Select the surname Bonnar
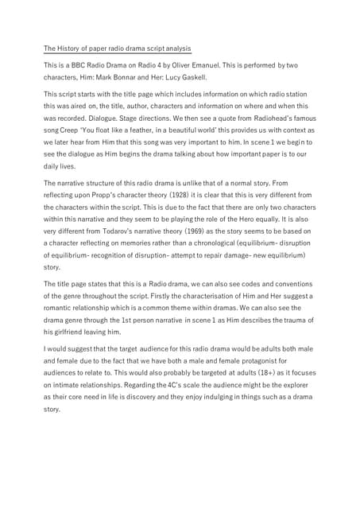point(140,78)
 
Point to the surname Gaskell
point(191,78)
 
